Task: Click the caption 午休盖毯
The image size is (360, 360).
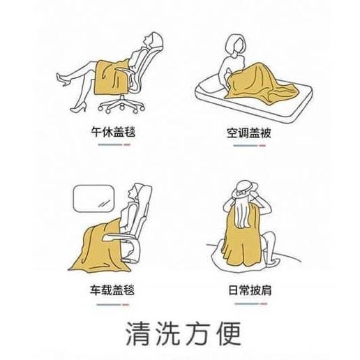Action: click(x=113, y=132)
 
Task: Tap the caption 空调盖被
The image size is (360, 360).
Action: click(x=249, y=133)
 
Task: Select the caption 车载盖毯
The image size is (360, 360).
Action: click(x=112, y=290)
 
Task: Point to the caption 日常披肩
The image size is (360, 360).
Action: click(x=250, y=290)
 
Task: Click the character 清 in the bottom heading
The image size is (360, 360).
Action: click(x=138, y=333)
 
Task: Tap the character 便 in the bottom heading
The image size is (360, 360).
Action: click(x=229, y=333)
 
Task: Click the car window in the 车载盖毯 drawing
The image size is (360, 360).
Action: click(x=94, y=198)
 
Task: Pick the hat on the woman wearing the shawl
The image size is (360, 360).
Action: click(x=244, y=190)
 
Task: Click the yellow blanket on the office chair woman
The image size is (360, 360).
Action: click(x=112, y=77)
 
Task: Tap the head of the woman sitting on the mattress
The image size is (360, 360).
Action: click(x=237, y=45)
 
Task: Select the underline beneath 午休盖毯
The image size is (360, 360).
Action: click(x=114, y=144)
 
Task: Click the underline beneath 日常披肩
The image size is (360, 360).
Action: click(x=251, y=303)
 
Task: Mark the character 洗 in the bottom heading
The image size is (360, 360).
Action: click(x=168, y=333)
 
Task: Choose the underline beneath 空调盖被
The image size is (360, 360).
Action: click(x=250, y=146)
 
